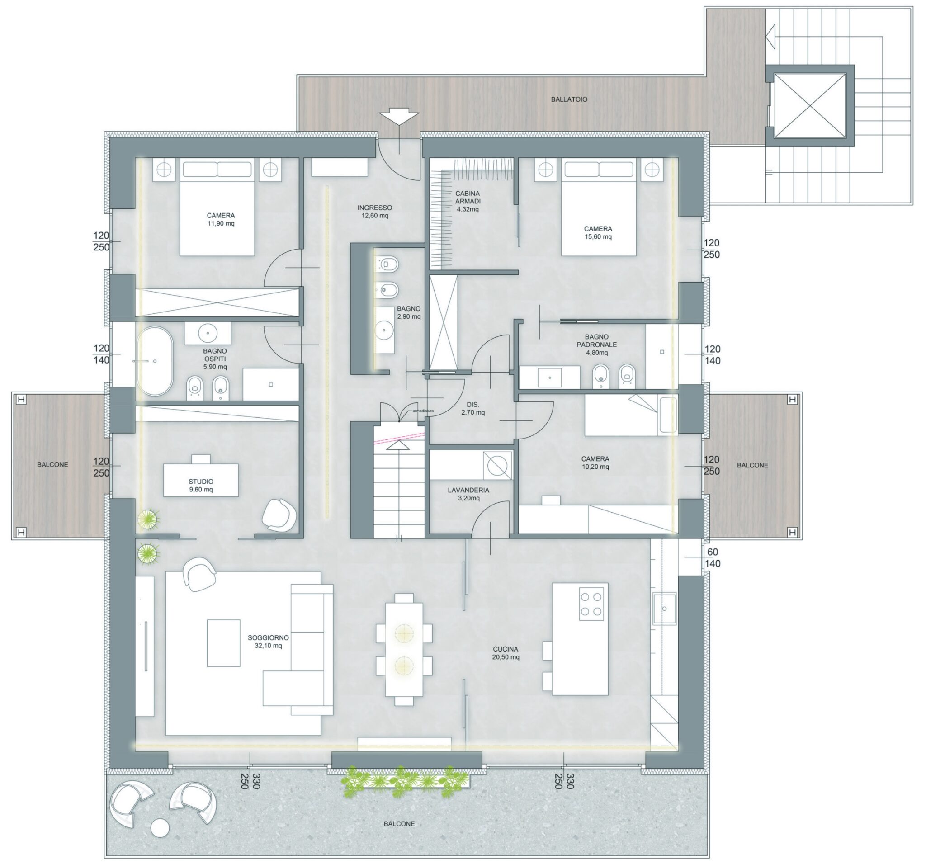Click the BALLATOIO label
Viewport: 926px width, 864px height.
click(x=569, y=99)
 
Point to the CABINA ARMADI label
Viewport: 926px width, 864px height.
click(x=468, y=201)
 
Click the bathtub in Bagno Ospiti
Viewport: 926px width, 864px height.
click(x=154, y=361)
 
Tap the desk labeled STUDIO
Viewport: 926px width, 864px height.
click(x=201, y=479)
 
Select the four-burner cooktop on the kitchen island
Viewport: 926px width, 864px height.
click(x=591, y=604)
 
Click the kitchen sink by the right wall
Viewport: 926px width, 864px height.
click(x=664, y=608)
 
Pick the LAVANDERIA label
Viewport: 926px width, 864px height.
click(x=468, y=490)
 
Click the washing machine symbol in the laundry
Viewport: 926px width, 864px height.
click(x=497, y=465)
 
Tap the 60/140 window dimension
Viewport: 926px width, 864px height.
click(x=713, y=557)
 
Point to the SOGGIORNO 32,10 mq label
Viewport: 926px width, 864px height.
click(x=268, y=642)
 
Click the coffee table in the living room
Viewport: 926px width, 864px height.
click(x=223, y=643)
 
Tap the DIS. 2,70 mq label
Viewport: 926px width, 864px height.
click(x=473, y=408)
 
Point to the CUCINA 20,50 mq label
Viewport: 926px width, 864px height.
click(x=506, y=653)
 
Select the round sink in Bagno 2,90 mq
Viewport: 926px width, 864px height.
click(x=384, y=330)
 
